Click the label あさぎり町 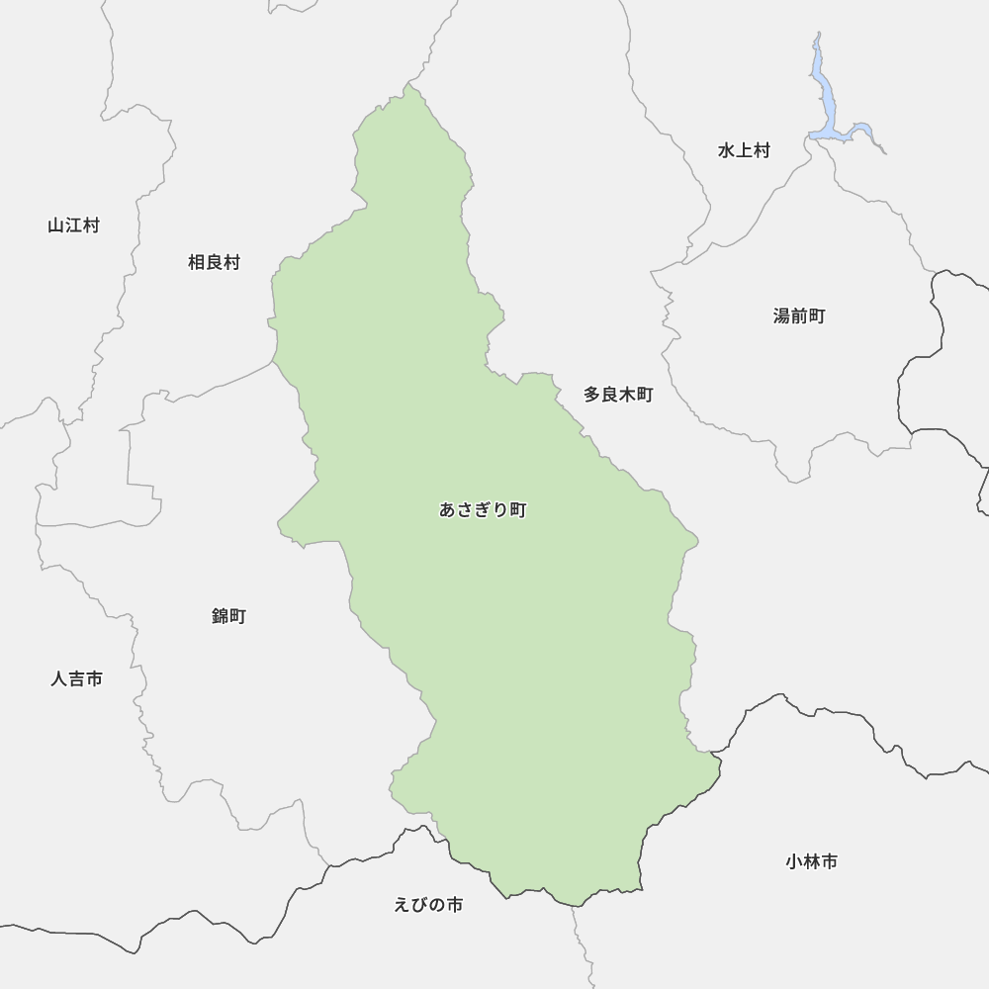click(x=483, y=510)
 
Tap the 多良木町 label click(x=618, y=395)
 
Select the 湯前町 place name click(x=799, y=316)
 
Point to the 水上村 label click(x=744, y=150)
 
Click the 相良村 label click(x=214, y=262)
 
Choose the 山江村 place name click(x=73, y=225)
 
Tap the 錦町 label click(x=228, y=616)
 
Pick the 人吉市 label click(x=76, y=679)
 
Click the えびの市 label click(x=427, y=905)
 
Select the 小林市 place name click(x=812, y=861)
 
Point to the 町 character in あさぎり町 click(x=518, y=510)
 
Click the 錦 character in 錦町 click(x=220, y=616)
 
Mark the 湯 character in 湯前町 click(x=782, y=316)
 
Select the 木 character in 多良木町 click(x=627, y=395)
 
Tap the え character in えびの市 click(x=402, y=905)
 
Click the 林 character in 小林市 click(x=812, y=861)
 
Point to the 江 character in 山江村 click(x=73, y=225)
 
